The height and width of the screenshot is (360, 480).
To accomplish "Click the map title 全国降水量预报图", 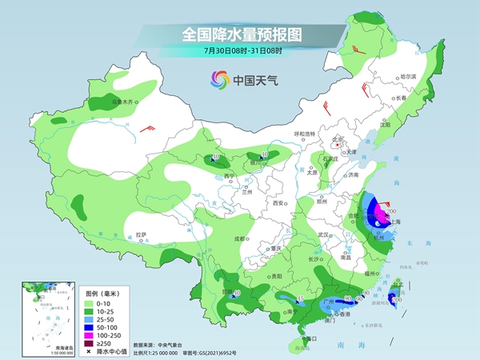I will point(240,34).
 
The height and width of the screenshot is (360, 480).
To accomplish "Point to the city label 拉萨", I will point(141,234).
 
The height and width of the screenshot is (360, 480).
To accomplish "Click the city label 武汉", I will point(323,234).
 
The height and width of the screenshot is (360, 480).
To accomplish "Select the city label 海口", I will point(312,338).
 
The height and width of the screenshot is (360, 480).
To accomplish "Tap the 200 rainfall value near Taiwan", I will point(394,299).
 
